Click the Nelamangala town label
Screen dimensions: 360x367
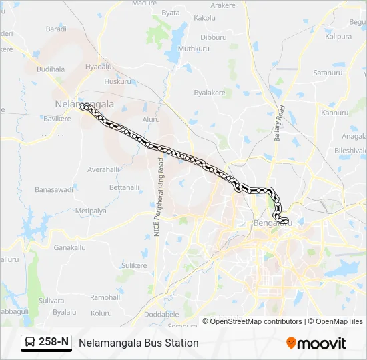tap(84, 104)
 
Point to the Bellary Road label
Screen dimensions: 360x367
tap(280, 123)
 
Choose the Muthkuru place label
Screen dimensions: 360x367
tap(194, 49)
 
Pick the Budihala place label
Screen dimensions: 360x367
tap(51, 69)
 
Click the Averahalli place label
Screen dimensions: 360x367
tap(103, 169)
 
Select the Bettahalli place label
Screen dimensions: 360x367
tap(124, 187)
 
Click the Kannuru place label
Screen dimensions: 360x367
tap(335, 113)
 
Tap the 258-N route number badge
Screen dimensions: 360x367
tap(53, 342)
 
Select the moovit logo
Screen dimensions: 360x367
tap(316, 343)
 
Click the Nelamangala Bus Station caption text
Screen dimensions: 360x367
tap(139, 343)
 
